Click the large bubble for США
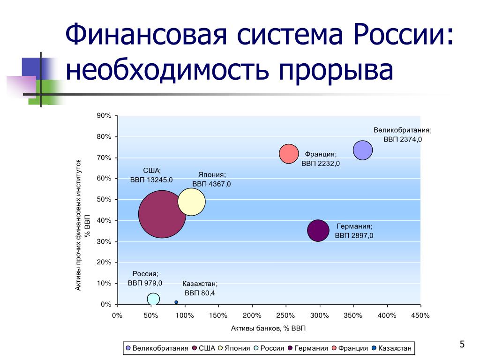coord(162,214)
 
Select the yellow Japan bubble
coord(191,202)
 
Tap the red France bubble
coord(289,154)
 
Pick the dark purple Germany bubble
coord(318,230)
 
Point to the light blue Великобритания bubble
coord(362,150)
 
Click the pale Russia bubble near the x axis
coord(153,299)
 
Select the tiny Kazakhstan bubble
coord(176,302)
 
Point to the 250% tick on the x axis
coord(286,315)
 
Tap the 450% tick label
coord(420,315)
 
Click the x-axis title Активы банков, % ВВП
coord(268,328)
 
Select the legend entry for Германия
coord(307,348)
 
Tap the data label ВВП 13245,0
coord(151,180)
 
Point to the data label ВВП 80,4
coord(199,293)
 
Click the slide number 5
coord(462,345)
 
